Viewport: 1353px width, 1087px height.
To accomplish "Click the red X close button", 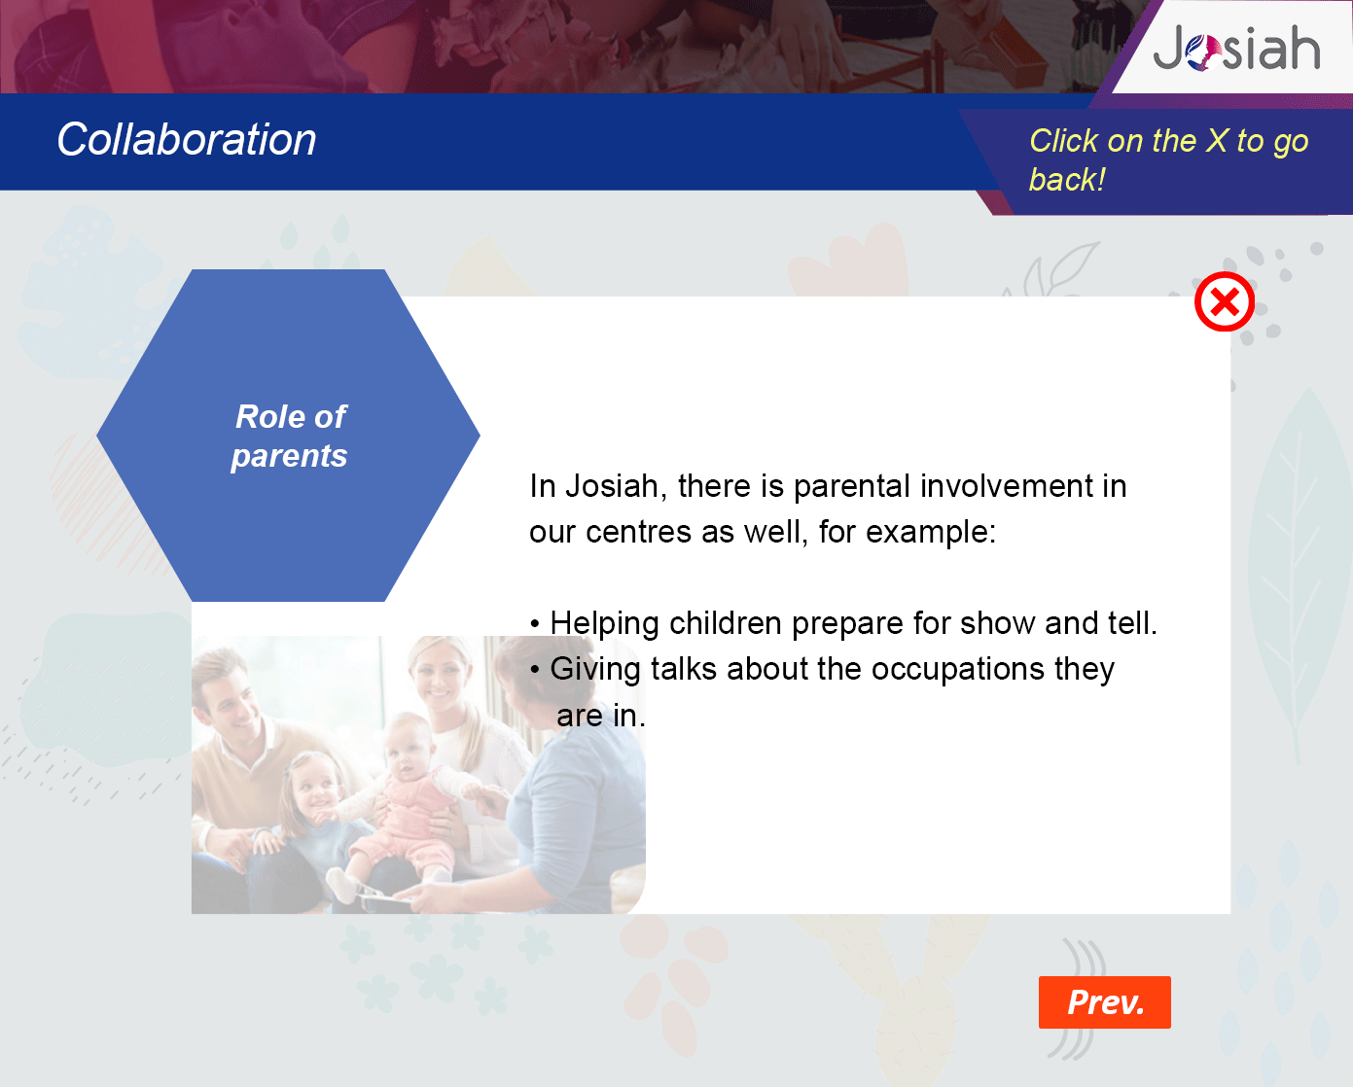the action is pyautogui.click(x=1224, y=301).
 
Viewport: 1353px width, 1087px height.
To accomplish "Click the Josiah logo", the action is pyautogui.click(x=1236, y=48).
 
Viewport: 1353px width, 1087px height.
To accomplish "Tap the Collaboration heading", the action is pyautogui.click(x=187, y=139).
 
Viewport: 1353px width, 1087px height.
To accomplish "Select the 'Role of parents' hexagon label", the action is pyautogui.click(x=290, y=436).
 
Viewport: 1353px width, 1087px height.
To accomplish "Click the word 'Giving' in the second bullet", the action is pyautogui.click(x=595, y=670).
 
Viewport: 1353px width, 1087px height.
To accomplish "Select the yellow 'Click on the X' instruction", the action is pyautogui.click(x=1168, y=159).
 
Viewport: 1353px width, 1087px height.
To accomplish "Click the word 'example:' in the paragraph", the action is pyautogui.click(x=931, y=533).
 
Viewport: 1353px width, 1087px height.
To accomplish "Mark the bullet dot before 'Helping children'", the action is pyautogui.click(x=534, y=624).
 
